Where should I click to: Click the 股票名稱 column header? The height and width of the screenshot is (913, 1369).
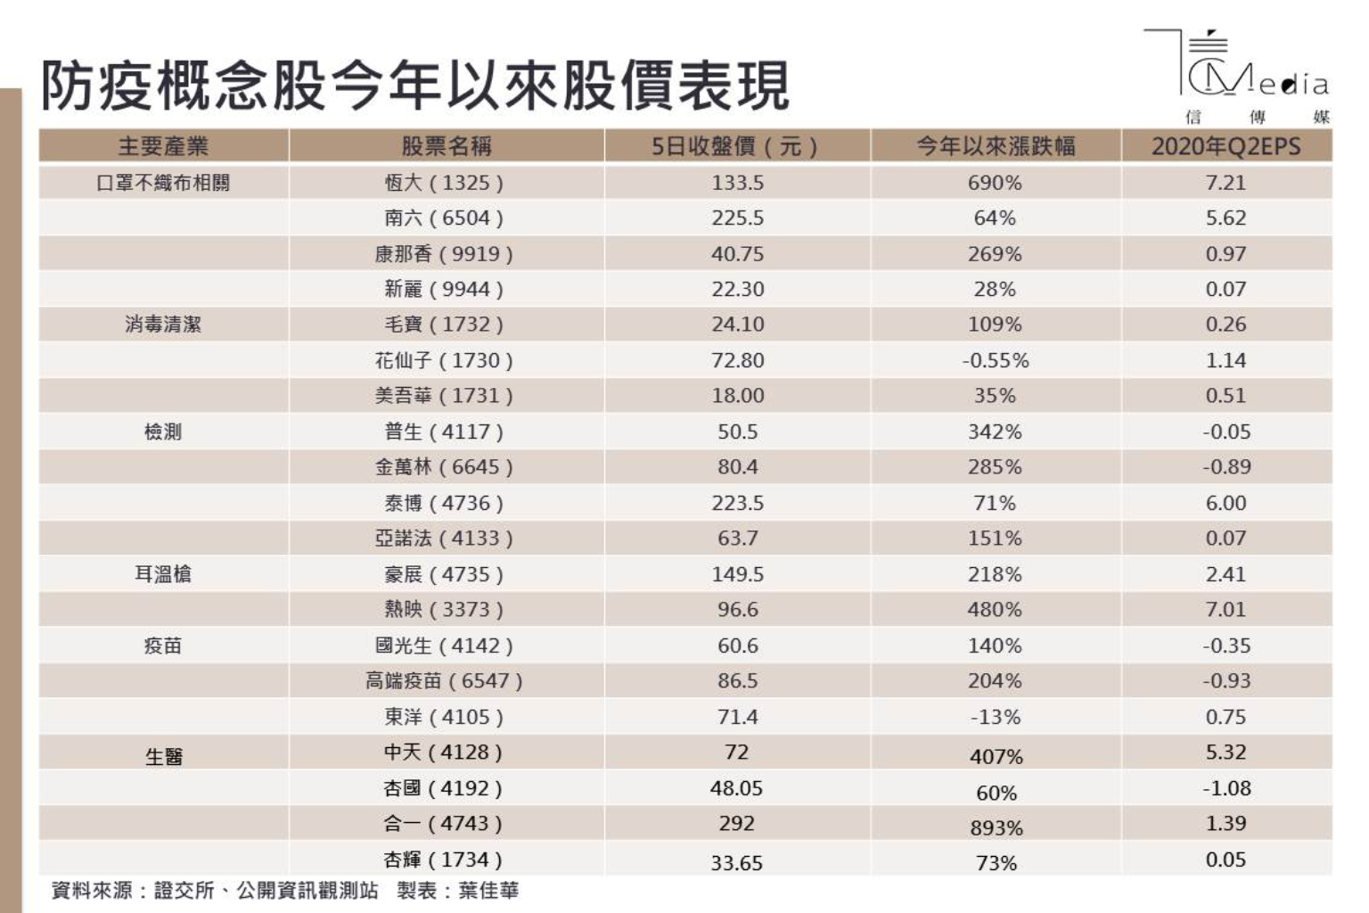tap(446, 146)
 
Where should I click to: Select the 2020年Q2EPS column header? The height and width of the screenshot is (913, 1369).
tap(1226, 146)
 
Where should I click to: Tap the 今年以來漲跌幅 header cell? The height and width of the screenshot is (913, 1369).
tap(996, 146)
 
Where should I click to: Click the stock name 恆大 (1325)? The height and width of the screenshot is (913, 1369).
tap(444, 183)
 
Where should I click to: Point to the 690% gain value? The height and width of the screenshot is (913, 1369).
tap(995, 183)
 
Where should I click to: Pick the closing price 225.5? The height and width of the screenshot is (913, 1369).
tap(737, 218)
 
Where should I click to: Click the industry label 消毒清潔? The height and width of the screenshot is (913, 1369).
tap(163, 325)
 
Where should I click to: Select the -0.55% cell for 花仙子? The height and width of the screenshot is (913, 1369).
tap(995, 361)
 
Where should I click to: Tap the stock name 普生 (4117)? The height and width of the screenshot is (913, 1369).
tap(444, 432)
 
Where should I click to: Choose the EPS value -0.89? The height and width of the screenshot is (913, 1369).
tap(1226, 467)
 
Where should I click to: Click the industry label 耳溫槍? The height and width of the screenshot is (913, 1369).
tap(163, 574)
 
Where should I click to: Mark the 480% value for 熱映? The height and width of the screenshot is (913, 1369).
tap(995, 610)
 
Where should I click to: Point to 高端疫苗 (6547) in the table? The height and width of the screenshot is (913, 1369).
tap(444, 681)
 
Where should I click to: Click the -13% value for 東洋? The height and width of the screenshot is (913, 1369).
tap(995, 717)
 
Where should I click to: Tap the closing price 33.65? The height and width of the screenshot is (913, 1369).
tap(736, 863)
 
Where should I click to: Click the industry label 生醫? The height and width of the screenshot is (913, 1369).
tap(163, 757)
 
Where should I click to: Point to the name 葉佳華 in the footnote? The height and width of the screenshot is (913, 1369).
tap(488, 891)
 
